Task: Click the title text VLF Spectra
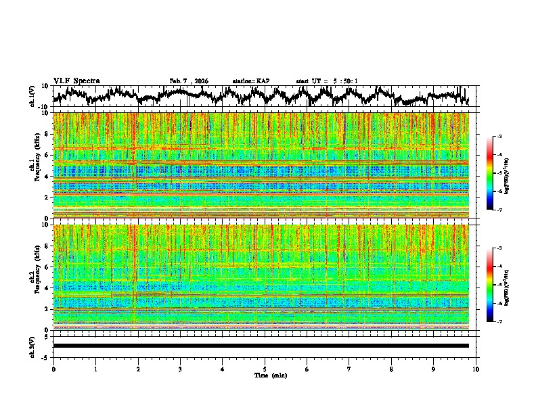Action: [x=76, y=80]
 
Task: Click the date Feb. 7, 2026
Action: [x=189, y=81]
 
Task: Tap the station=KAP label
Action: [x=250, y=81]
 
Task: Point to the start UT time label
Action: [x=327, y=81]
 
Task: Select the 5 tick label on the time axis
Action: [x=265, y=369]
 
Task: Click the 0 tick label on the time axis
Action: [x=53, y=369]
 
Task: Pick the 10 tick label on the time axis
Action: [x=476, y=369]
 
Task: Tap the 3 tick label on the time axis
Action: [x=180, y=369]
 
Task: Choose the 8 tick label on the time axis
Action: [x=391, y=369]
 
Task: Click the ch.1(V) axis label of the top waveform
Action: [x=32, y=96]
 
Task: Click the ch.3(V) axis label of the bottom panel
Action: [x=32, y=346]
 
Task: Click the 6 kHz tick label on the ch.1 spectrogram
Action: [x=47, y=156]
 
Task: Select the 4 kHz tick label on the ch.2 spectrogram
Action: [x=47, y=288]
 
